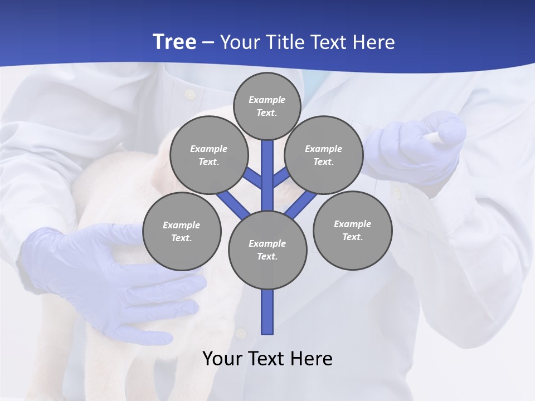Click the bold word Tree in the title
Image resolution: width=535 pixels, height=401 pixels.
click(174, 42)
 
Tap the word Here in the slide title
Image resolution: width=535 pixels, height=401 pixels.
click(373, 42)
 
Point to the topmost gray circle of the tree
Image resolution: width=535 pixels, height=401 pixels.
click(267, 106)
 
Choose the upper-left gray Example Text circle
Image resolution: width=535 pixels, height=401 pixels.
click(208, 155)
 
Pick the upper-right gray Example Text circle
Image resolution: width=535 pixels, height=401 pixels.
click(323, 155)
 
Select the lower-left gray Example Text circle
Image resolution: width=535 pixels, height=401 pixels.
click(182, 231)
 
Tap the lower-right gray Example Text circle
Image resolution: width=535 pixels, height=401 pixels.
click(352, 230)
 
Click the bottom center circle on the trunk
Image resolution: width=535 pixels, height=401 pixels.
click(267, 250)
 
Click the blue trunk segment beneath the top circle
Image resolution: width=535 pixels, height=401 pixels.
click(267, 167)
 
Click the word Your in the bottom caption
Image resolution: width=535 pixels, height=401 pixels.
click(222, 359)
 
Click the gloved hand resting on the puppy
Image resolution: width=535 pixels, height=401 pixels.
click(111, 278)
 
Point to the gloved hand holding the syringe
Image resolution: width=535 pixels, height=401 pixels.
click(418, 148)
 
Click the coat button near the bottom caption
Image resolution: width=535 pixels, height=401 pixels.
click(240, 334)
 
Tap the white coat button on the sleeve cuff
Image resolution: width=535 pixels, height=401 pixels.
click(396, 193)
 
